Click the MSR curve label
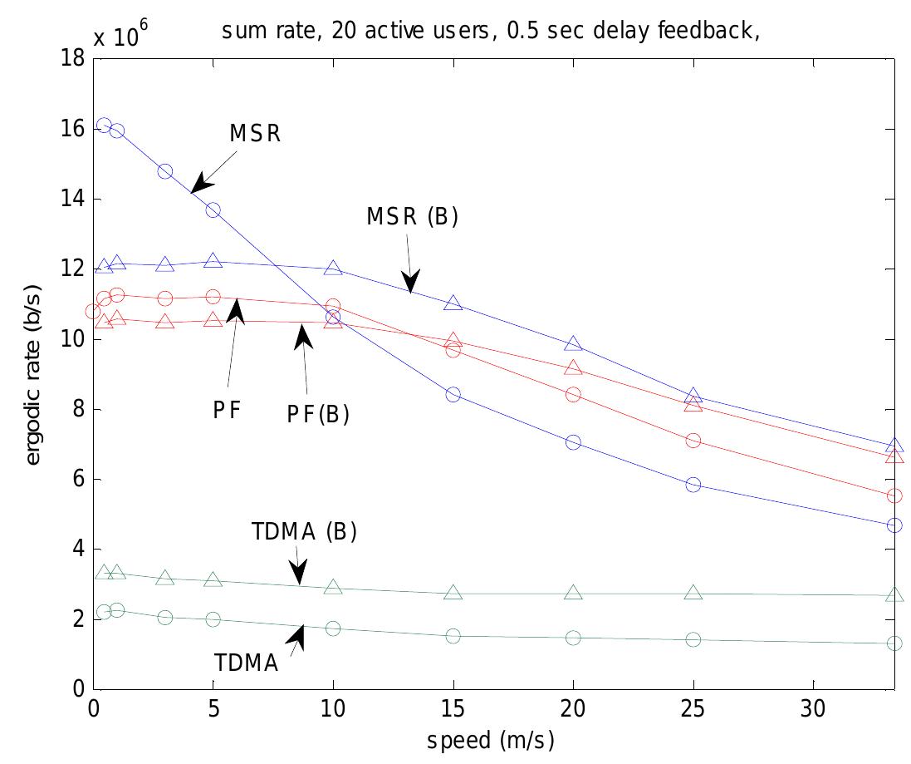256,134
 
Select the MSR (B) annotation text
412,217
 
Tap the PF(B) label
317,413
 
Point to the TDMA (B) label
304,533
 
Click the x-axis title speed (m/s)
490,740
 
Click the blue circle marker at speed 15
453,394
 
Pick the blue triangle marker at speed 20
573,344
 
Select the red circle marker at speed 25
693,441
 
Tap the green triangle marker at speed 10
333,588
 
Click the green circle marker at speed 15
453,636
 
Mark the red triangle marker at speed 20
573,368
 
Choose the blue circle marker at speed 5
213,210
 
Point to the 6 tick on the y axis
80,480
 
